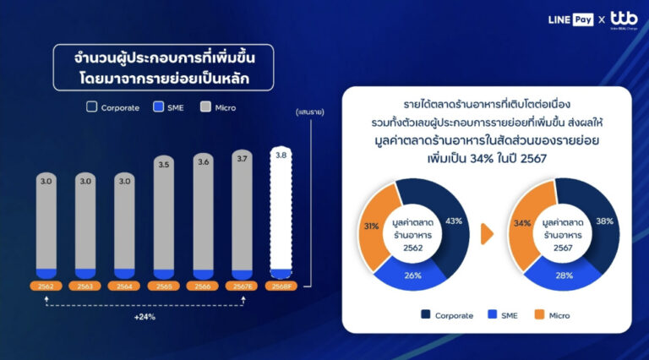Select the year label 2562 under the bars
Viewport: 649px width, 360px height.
[46, 286]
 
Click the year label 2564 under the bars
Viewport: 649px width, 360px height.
[125, 286]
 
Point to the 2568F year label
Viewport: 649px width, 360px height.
[282, 286]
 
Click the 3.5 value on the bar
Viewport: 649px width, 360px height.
[164, 166]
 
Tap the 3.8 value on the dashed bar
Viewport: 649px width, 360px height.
[282, 155]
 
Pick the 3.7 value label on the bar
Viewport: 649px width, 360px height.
[243, 159]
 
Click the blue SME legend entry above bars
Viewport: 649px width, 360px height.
[168, 108]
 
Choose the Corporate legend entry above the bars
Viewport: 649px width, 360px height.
[113, 108]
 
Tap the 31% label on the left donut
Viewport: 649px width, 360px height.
[370, 226]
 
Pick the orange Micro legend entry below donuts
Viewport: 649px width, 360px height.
[551, 315]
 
